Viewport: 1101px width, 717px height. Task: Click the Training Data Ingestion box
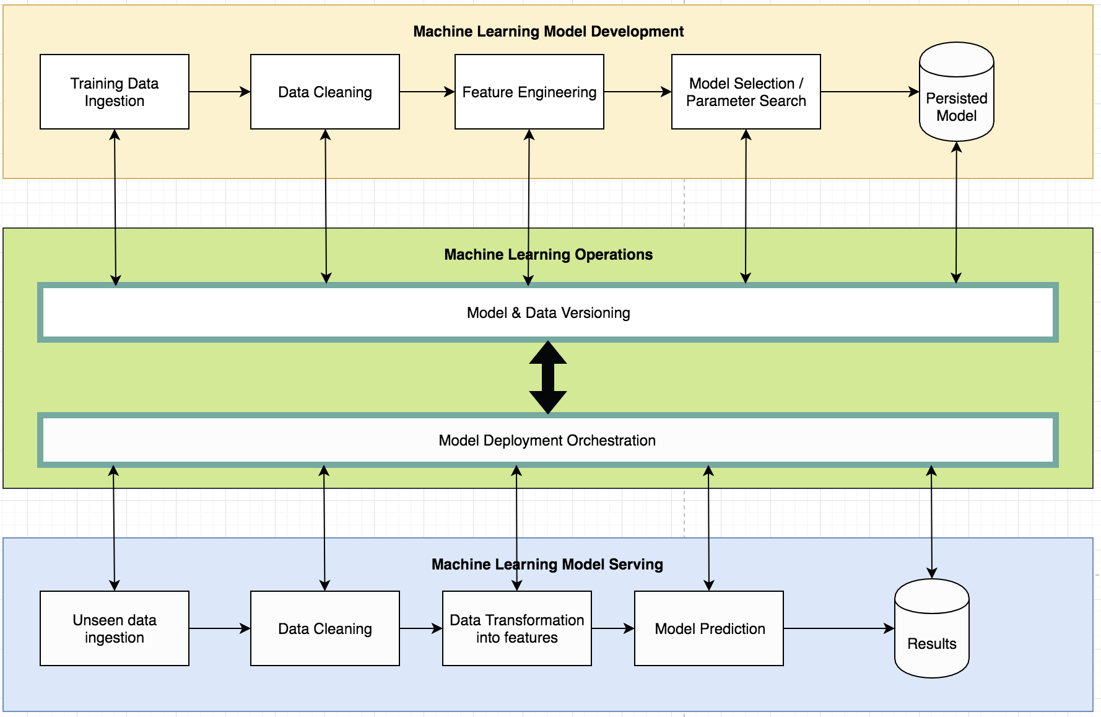[115, 92]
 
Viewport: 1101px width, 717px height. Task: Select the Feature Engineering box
[529, 92]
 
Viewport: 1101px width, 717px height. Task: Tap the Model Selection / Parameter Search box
[746, 92]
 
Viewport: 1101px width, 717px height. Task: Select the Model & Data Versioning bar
[547, 313]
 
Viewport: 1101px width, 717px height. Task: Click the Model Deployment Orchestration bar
[547, 441]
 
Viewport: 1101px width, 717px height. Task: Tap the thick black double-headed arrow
[548, 377]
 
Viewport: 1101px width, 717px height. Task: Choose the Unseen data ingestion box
[115, 628]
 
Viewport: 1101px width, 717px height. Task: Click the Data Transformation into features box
[516, 628]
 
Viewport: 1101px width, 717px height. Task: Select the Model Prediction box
[709, 628]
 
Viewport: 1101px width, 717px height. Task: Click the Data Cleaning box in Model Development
[324, 92]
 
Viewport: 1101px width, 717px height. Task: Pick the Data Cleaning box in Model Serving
[324, 628]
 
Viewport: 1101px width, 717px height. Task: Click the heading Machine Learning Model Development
[548, 32]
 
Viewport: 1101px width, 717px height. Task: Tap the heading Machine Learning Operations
[548, 255]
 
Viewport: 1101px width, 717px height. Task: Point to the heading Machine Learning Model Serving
[547, 565]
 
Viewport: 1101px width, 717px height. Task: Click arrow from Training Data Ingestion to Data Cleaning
[219, 92]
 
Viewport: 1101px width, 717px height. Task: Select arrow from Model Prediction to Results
[838, 628]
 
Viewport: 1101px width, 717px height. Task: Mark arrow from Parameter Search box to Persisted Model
[869, 92]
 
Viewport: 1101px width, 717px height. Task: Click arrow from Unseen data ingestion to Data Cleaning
[219, 628]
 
